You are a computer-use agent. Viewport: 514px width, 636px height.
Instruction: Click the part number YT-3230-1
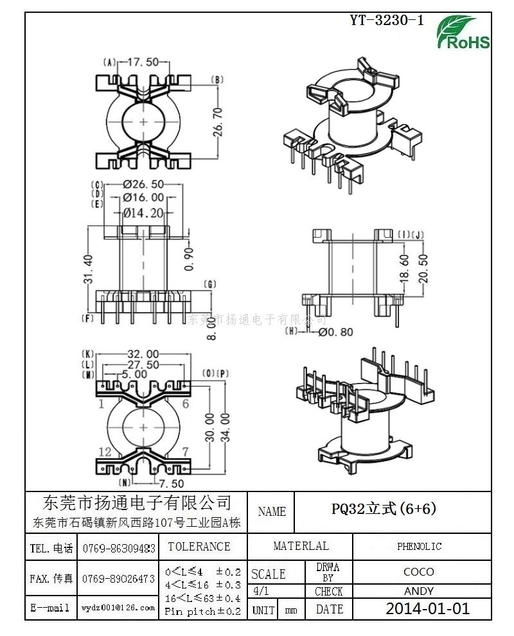coord(387,20)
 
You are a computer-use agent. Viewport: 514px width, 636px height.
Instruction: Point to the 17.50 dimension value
coord(143,62)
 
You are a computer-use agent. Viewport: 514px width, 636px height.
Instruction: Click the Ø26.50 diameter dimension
coord(143,184)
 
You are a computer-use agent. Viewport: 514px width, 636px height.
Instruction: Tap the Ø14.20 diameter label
coord(143,213)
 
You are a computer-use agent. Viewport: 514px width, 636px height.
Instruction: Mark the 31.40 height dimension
coord(89,269)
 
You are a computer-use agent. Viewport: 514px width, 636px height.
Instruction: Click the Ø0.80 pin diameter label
coord(336,332)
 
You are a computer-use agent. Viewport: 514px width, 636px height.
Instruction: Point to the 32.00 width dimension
coord(143,354)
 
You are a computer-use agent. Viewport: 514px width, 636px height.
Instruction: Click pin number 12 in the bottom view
coord(105,452)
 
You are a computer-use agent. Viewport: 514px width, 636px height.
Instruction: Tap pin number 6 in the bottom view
coord(185,404)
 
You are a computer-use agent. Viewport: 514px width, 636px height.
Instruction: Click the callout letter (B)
coord(217,80)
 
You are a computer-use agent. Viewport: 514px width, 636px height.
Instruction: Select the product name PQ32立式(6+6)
coord(384,509)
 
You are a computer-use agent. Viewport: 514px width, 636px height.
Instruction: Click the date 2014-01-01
coord(427,608)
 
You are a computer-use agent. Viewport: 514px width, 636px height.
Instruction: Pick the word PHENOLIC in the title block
coord(419,547)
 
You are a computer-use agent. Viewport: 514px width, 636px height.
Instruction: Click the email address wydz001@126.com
coord(118,607)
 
